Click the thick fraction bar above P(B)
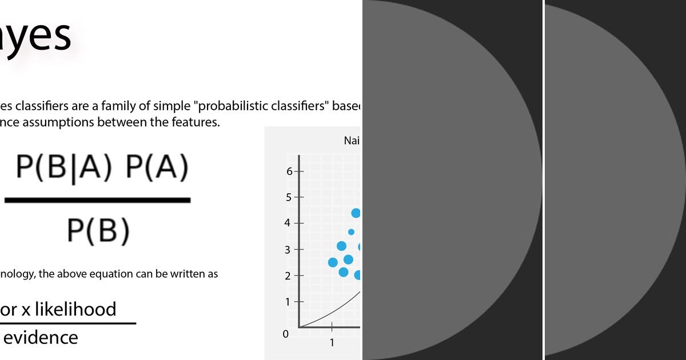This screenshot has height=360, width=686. (97, 200)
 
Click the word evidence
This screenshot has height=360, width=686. (40, 337)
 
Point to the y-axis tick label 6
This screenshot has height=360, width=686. (290, 171)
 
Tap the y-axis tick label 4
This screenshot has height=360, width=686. (288, 223)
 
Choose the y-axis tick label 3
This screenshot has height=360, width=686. (288, 250)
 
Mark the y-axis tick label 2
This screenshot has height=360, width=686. (288, 276)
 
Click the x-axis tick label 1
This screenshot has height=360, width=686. (332, 343)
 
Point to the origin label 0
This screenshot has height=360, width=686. (285, 334)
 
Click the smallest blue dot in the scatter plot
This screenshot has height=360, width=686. (351, 232)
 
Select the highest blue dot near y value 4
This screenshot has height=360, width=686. (356, 213)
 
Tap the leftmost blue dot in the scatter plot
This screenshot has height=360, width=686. (333, 262)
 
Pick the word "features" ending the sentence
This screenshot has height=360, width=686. (192, 122)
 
